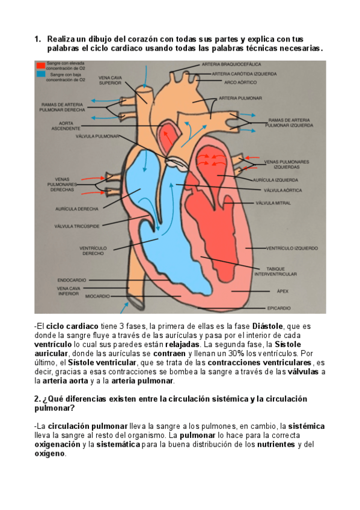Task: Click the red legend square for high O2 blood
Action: coord(41,66)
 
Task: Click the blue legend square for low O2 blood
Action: coord(41,74)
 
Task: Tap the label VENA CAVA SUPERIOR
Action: coord(110,81)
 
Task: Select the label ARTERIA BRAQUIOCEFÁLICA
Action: coord(231,64)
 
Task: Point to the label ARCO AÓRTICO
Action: coord(240,82)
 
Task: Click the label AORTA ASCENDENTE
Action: coord(66,126)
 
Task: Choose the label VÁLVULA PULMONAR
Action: coord(97,137)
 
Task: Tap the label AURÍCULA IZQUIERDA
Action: coord(275,180)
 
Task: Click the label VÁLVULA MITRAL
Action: coord(273,203)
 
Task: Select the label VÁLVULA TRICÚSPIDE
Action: coord(77,226)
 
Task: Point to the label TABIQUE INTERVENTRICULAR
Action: coord(275,272)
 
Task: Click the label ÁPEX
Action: coord(282,291)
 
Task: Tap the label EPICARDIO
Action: coord(279,308)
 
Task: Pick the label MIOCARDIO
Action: coord(97,296)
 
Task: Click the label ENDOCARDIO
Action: coord(72,280)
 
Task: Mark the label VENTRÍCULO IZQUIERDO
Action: coord(292,248)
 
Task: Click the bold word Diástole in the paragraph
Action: coord(267,326)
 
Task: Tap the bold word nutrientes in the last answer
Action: coord(276,444)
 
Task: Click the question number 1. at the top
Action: coord(38,39)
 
